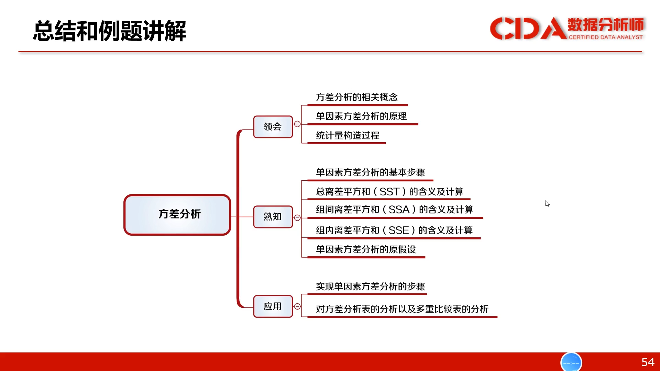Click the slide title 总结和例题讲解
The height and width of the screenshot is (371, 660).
click(x=110, y=31)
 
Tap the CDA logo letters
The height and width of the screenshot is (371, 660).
click(x=528, y=28)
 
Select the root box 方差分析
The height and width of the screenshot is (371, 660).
click(x=177, y=215)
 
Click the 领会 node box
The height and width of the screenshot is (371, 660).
click(x=273, y=127)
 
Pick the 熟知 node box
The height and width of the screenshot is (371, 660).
click(x=273, y=217)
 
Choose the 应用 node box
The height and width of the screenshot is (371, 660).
click(x=273, y=306)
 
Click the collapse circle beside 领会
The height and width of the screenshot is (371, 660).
click(x=297, y=124)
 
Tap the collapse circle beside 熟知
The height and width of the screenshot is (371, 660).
click(x=297, y=218)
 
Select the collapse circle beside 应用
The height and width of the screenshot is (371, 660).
click(x=297, y=306)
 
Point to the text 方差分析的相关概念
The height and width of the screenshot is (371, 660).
click(x=357, y=97)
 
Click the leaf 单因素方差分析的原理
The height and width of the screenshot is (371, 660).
click(x=361, y=116)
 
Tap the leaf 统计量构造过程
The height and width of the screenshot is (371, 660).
click(x=348, y=136)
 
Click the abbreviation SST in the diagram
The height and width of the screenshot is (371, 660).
click(x=389, y=192)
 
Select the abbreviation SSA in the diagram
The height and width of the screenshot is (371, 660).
click(x=399, y=210)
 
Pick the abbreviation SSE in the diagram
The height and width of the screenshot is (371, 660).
click(x=399, y=230)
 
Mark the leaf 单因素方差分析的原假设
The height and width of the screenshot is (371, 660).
click(x=366, y=249)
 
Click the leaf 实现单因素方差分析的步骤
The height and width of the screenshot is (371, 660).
click(x=370, y=286)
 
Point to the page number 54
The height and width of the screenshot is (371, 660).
click(x=648, y=362)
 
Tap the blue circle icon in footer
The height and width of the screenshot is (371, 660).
click(x=571, y=362)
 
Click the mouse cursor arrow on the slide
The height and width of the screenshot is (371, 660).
click(x=547, y=204)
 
